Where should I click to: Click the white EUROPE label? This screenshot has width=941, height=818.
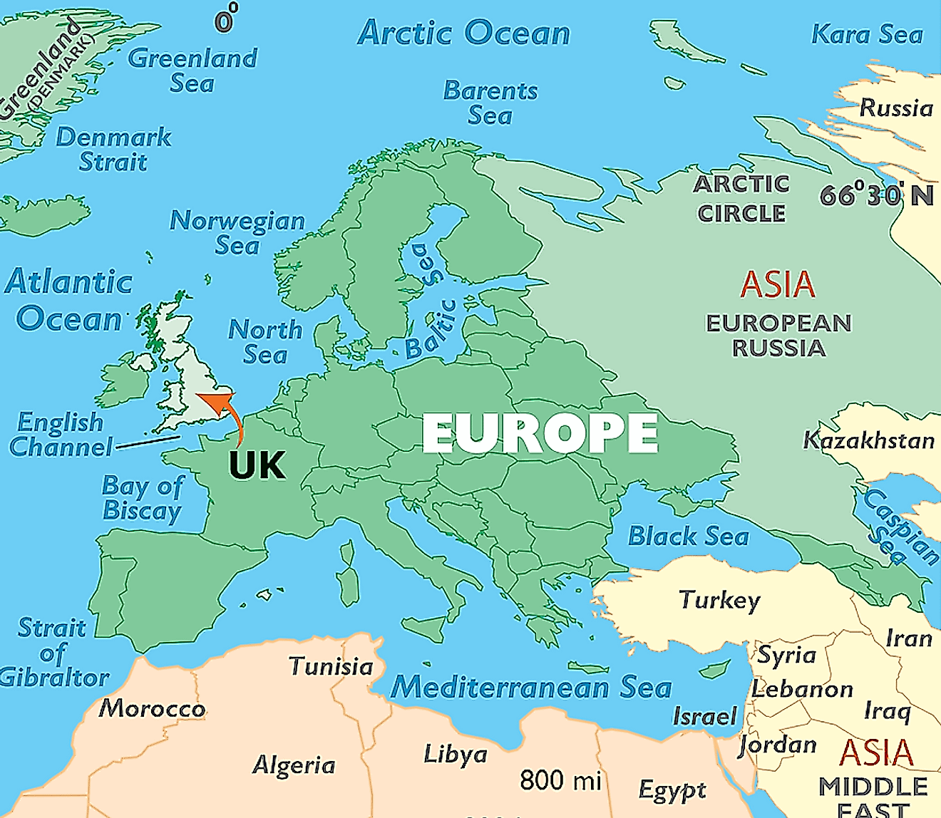[x=540, y=433]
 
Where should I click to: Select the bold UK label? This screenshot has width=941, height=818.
[x=257, y=465]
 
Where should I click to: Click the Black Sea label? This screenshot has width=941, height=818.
[x=688, y=536]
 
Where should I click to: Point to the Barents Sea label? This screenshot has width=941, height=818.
[x=490, y=103]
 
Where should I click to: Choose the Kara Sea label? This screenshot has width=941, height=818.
[x=867, y=34]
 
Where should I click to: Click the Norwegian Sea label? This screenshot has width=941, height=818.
[x=237, y=232]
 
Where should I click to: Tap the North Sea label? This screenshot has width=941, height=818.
[x=265, y=341]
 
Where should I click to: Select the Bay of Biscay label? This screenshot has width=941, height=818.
[x=143, y=498]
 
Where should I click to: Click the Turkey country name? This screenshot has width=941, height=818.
[x=719, y=600]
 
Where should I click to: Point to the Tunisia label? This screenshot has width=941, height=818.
[x=331, y=666]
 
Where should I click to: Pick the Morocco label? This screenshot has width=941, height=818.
[x=152, y=708]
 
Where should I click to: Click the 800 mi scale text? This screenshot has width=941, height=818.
[x=560, y=780]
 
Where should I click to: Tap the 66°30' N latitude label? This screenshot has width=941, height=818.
[x=876, y=195]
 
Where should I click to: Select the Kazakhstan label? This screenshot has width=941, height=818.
[x=869, y=440]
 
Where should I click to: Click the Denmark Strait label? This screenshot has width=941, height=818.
[x=113, y=149]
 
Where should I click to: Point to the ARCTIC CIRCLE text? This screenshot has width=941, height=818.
[x=741, y=198]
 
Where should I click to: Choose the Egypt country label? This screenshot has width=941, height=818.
[x=672, y=789]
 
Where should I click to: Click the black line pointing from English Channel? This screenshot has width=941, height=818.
[x=148, y=443]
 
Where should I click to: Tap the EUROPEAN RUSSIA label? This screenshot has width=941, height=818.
[x=778, y=336]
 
